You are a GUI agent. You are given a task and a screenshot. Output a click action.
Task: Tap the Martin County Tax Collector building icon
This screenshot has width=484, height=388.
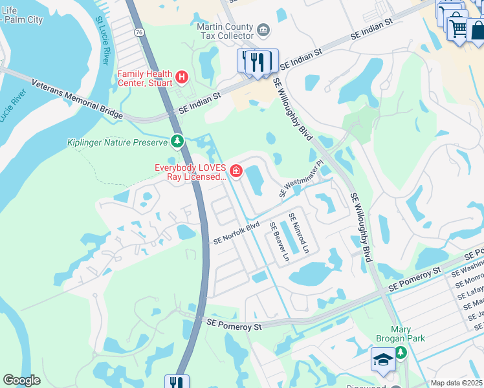click(x=263, y=29)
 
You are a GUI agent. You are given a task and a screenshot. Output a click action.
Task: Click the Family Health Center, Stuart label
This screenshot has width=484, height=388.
click(x=145, y=78)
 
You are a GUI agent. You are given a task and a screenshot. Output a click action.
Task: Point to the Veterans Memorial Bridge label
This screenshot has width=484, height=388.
click(x=77, y=99)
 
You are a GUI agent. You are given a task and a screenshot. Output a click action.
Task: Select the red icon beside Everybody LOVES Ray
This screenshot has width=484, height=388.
click(x=236, y=171)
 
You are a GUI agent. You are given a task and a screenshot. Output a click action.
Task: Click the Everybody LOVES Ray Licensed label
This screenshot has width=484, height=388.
click(x=190, y=171)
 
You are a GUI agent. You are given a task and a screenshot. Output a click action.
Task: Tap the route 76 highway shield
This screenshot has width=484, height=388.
click(x=140, y=50)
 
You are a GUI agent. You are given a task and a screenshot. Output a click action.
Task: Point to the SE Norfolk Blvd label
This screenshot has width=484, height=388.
click(x=236, y=233)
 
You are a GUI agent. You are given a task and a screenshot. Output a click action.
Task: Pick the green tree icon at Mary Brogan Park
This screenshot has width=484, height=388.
click(x=401, y=352)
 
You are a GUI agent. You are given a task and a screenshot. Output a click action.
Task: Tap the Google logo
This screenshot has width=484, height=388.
click(x=21, y=381)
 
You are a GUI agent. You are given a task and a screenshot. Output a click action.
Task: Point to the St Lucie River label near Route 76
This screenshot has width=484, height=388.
click(x=103, y=41)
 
